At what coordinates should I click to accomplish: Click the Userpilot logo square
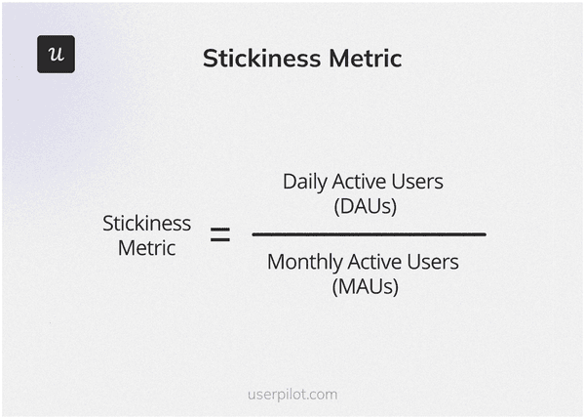click(x=56, y=54)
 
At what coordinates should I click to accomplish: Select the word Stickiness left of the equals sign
click(x=146, y=224)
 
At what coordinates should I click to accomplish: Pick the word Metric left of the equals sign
click(x=146, y=248)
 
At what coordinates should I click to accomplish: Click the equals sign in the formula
click(x=220, y=235)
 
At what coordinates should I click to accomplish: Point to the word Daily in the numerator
click(x=303, y=182)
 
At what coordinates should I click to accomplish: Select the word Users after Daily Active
click(x=417, y=182)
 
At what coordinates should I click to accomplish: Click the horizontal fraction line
click(x=369, y=234)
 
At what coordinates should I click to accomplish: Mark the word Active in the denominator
click(x=371, y=263)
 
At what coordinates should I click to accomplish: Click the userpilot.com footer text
click(x=292, y=395)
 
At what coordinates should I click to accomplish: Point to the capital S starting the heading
click(x=210, y=58)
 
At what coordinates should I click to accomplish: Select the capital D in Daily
click(x=289, y=182)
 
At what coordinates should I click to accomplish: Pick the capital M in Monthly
click(x=275, y=263)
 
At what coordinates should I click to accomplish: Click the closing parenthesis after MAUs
click(x=395, y=287)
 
